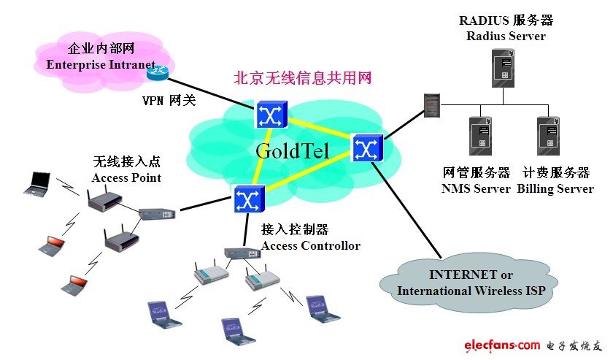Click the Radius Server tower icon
tap(503, 68)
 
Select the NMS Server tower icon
tap(480, 136)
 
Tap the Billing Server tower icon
tap(548, 136)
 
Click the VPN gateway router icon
tap(158, 72)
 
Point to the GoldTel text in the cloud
tap(293, 150)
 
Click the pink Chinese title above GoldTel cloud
tap(302, 77)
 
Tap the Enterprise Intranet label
tap(101, 64)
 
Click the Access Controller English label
tap(310, 246)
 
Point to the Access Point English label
tap(126, 177)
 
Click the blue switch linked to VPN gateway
tap(271, 114)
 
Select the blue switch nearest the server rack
tap(368, 148)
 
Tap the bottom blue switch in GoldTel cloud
tap(250, 199)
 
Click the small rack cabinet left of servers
tap(432, 105)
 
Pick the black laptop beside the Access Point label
tap(38, 183)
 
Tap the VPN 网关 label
tap(169, 101)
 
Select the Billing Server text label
tap(555, 188)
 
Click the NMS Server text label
tap(476, 188)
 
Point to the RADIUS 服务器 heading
tap(506, 20)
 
